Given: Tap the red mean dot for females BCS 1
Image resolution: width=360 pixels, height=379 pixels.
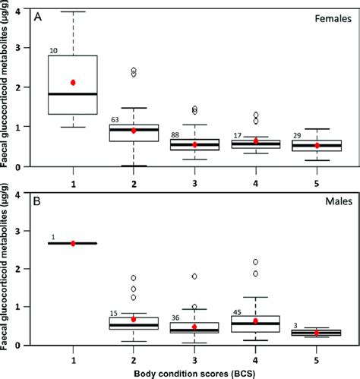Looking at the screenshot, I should coord(73,82).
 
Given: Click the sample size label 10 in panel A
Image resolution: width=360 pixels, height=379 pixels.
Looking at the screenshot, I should coord(53,51).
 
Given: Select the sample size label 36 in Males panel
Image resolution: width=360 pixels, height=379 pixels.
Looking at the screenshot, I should coord(176,317).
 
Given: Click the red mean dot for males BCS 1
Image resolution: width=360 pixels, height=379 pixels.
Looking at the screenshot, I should coord(73,243).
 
